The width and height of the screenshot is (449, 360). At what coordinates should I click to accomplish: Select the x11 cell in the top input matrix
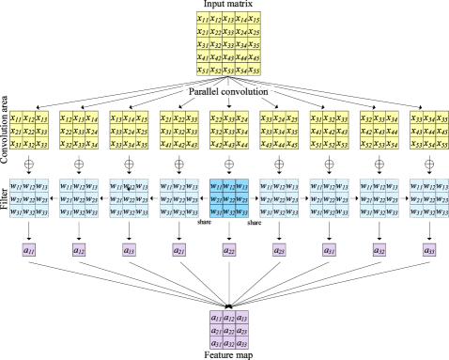(x=202, y=18)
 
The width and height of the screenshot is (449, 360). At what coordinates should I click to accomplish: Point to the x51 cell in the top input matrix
(x=202, y=70)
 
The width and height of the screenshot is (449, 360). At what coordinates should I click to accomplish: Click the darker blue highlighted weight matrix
(x=227, y=198)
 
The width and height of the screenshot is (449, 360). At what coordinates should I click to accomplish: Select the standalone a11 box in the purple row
(x=28, y=250)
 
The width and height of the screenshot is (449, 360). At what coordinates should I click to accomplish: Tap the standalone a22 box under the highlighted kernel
(x=227, y=250)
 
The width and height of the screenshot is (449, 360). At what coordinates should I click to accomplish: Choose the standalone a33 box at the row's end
(x=428, y=250)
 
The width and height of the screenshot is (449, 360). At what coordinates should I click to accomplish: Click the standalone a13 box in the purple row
(x=128, y=250)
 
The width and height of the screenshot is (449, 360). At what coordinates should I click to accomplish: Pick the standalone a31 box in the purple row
(x=328, y=250)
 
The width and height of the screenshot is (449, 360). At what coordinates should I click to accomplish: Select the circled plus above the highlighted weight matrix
(x=227, y=164)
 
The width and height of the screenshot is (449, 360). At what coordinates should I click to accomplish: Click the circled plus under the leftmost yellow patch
(x=28, y=164)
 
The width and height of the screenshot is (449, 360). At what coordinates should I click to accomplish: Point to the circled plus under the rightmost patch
(x=428, y=164)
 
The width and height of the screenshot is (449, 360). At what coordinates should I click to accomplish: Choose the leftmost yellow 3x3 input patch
(x=28, y=130)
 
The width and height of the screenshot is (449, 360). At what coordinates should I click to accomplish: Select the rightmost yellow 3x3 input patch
(x=428, y=130)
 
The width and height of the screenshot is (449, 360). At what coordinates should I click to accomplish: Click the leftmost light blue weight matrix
(x=28, y=198)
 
